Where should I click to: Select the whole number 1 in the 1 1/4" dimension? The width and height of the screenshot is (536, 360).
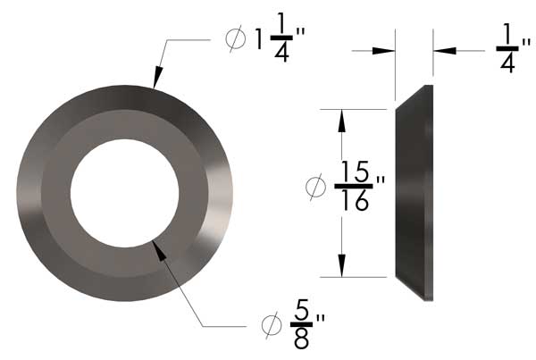point(259,40)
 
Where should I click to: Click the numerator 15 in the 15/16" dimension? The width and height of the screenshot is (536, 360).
point(356,169)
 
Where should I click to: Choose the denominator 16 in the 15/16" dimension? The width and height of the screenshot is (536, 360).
point(356,202)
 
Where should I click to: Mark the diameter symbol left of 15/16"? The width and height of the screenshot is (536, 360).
point(315,187)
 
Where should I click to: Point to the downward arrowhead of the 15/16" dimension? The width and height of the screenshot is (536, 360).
point(340,267)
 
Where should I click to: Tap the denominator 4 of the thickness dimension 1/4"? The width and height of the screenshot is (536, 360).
point(507,64)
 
